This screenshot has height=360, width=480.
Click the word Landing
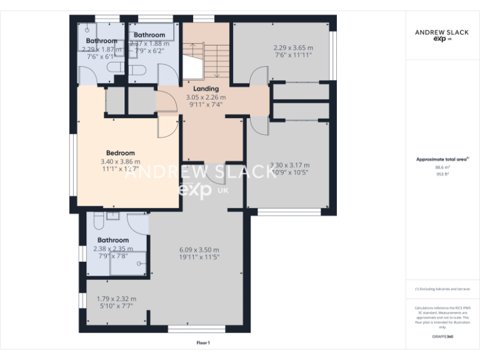[206, 89]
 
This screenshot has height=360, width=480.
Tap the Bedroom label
[120, 153]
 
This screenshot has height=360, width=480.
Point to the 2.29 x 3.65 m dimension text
[293, 47]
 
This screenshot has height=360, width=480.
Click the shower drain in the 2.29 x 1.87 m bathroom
[88, 29]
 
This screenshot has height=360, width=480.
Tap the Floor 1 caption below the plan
[203, 342]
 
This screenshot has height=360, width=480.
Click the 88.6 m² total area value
[443, 167]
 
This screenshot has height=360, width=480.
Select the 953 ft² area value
[443, 174]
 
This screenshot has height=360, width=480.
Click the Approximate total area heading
[442, 159]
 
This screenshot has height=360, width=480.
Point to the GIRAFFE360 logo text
[443, 337]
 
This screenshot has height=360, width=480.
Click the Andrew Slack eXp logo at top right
[442, 35]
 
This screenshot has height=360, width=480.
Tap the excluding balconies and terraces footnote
[442, 289]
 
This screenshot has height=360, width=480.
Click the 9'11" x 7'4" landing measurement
[206, 105]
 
